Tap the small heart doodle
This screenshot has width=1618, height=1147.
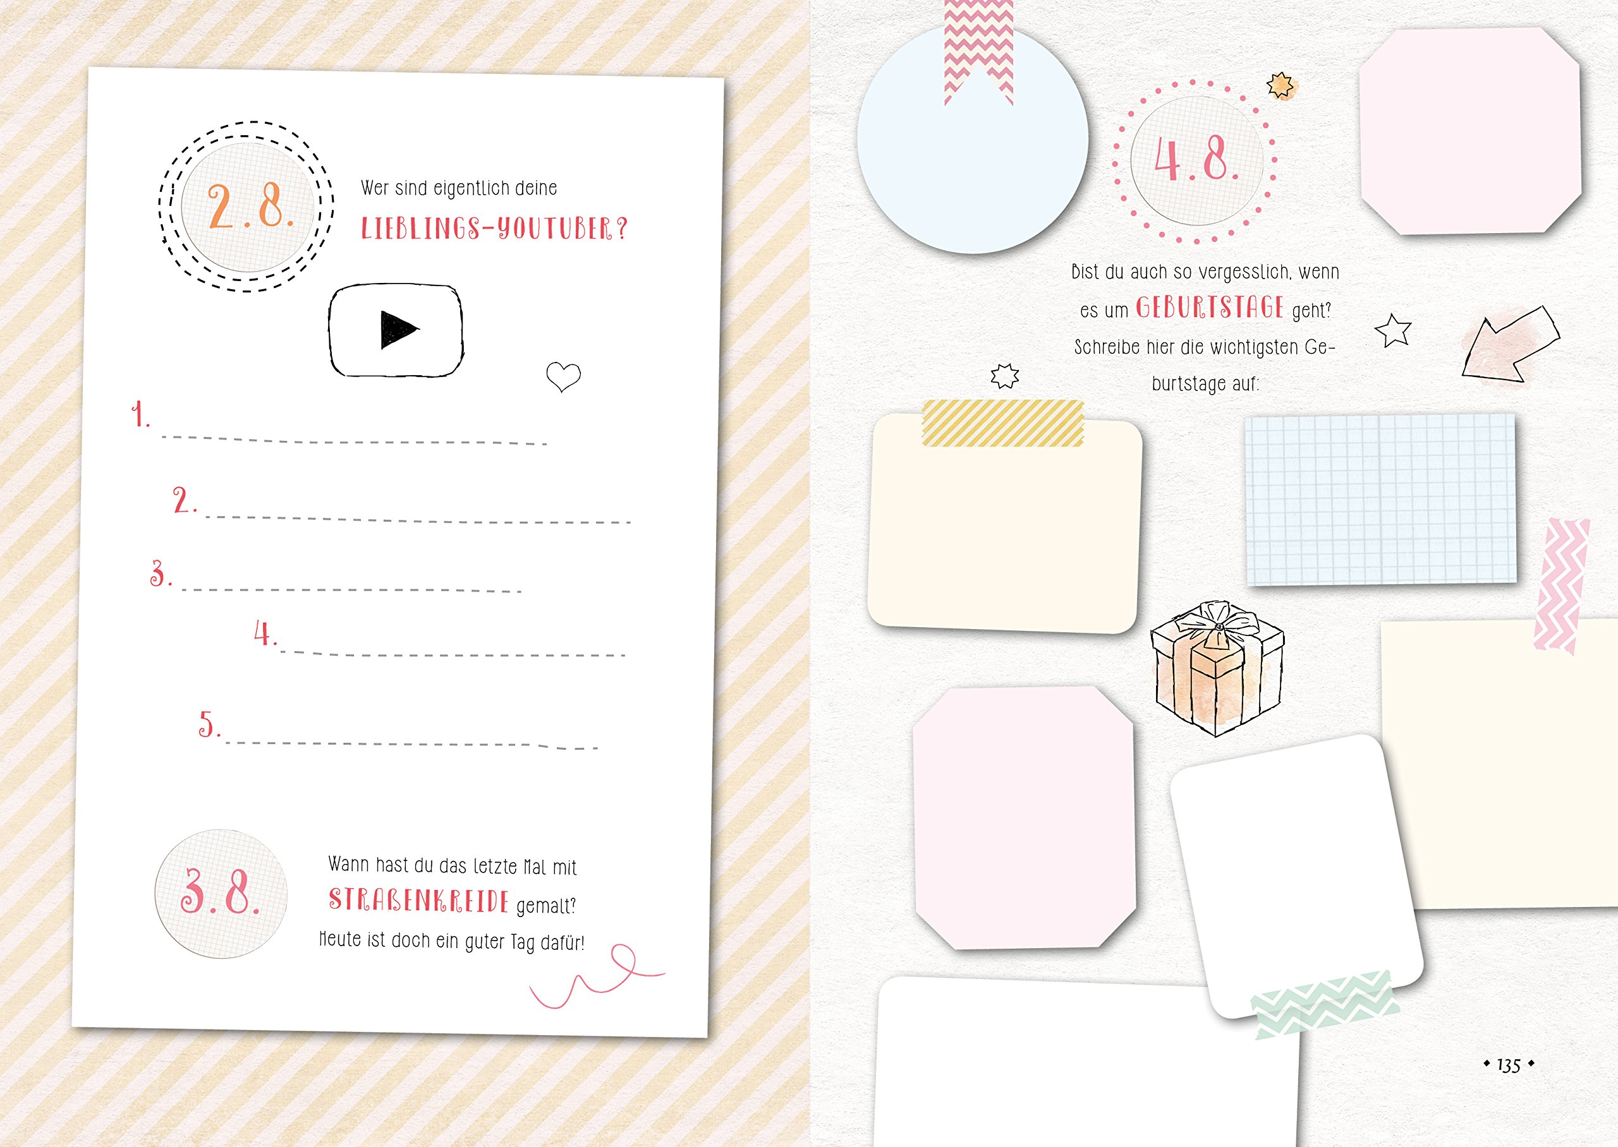[563, 376]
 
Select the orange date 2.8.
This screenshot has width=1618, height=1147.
[251, 207]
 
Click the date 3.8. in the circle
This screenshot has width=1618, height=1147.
[221, 891]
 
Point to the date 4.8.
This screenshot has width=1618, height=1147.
[1196, 158]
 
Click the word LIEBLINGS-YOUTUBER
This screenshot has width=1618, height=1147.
[494, 228]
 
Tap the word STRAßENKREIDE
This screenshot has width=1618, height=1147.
[418, 901]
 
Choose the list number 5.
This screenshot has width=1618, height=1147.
[209, 724]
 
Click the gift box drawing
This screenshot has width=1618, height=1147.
[1217, 668]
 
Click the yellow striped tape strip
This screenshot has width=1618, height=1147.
[1002, 423]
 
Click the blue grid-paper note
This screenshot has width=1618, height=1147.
[1380, 500]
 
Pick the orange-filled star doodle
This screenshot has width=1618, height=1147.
[1280, 85]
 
